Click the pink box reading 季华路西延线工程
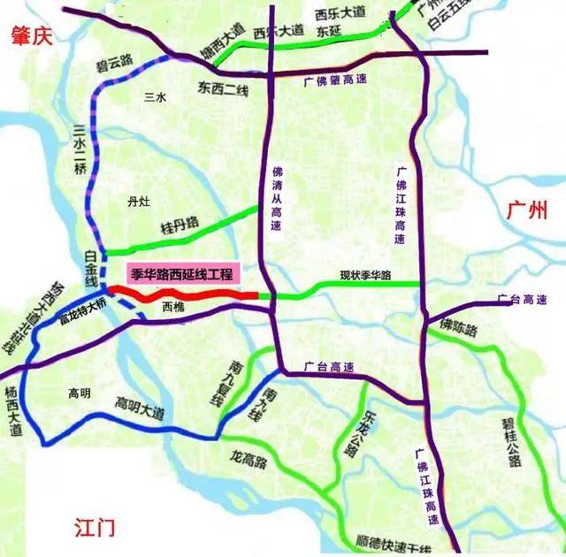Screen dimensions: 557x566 pos(183,274)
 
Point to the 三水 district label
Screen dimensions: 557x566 pos(156,97)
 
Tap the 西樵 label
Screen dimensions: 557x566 pos(175,309)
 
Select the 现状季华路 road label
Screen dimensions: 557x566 pos(365,275)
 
